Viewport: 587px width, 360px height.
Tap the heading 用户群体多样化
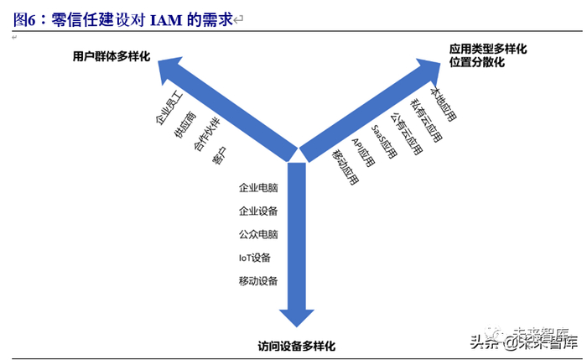point(110,55)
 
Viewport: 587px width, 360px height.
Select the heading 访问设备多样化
point(296,345)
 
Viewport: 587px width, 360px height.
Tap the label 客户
point(219,156)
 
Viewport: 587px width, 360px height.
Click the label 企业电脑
point(258,188)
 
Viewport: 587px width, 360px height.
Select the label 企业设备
point(258,211)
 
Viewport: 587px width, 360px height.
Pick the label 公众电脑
point(258,234)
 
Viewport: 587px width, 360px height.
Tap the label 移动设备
point(258,280)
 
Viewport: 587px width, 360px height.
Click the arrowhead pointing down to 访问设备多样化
point(295,316)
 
